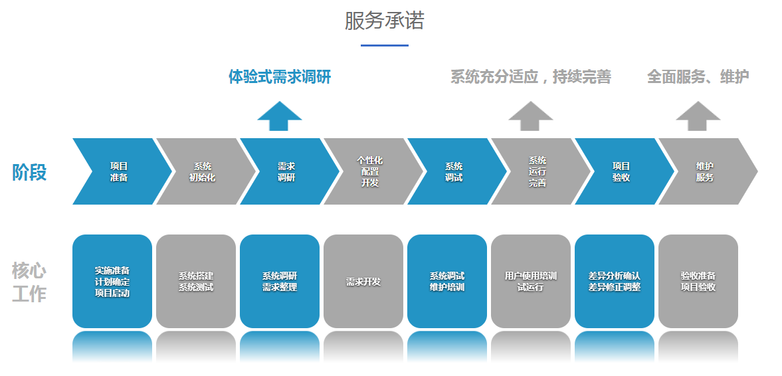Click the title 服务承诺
coord(384,21)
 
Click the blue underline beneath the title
coord(384,45)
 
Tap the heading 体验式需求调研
coord(280,77)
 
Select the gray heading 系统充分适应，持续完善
coord(530,77)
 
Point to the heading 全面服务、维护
coord(698,77)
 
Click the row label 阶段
coord(30,172)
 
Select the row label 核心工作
coord(29,282)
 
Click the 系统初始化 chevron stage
coord(203,171)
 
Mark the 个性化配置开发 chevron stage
coord(370,171)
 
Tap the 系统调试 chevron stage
coord(454,171)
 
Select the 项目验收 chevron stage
coord(621,171)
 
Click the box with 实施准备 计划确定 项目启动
coord(112,281)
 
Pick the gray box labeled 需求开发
coord(363,281)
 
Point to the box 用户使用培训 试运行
coord(531,281)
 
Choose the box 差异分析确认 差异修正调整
coord(615,281)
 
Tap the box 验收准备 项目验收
coord(698,281)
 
